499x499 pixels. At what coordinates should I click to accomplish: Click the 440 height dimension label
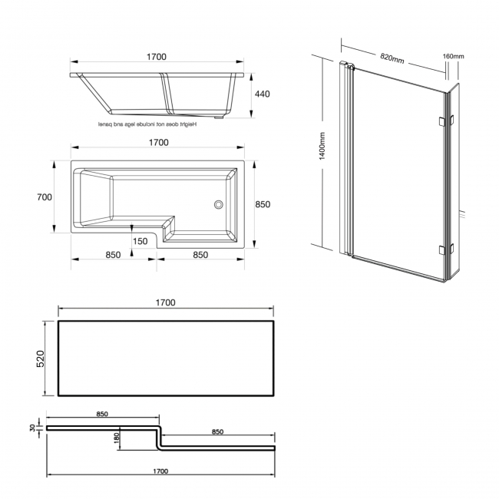click(x=263, y=94)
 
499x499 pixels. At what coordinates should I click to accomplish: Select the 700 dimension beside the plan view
click(x=44, y=197)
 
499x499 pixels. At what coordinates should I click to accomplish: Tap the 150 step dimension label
click(x=140, y=241)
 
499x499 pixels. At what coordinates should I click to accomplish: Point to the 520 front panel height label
click(x=41, y=359)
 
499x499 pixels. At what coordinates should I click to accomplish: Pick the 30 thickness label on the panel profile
click(x=31, y=428)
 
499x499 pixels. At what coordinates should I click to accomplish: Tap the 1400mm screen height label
click(x=322, y=146)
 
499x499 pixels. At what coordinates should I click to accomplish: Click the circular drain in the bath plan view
click(x=218, y=204)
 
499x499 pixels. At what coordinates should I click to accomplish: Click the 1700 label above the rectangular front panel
click(x=165, y=302)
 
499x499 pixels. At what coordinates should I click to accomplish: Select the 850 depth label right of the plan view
click(x=263, y=204)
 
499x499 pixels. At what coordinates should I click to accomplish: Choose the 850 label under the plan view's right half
click(x=202, y=256)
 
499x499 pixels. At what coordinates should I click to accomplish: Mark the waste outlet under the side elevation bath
click(x=222, y=117)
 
